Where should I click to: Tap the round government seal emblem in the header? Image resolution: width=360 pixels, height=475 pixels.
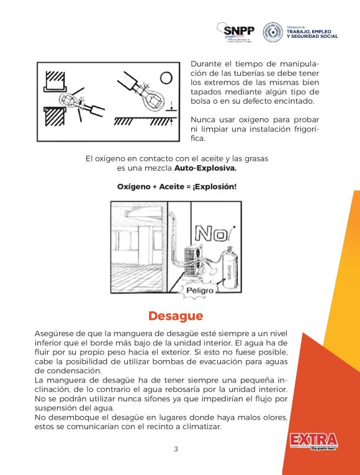point(272,32)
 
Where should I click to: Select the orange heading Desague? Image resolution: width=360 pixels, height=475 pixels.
point(175,316)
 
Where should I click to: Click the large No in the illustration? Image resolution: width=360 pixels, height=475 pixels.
point(210,233)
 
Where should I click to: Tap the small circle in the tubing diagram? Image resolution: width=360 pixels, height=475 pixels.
point(166,77)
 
